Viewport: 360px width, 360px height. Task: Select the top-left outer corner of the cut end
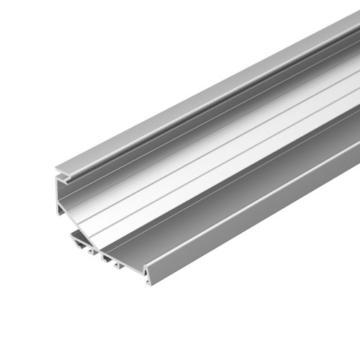tap(55, 173)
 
